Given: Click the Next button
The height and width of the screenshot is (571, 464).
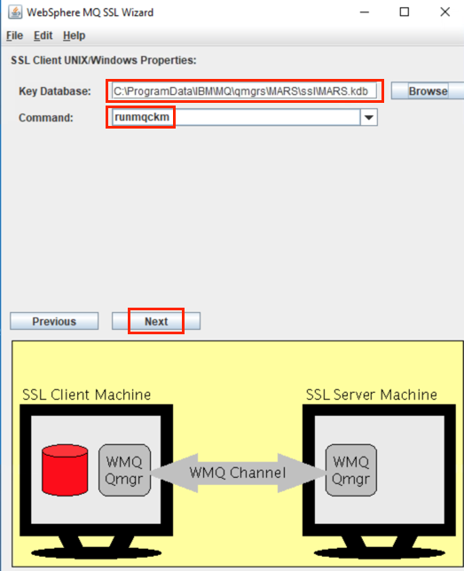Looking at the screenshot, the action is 156,321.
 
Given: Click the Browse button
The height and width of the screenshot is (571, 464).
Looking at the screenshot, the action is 428,90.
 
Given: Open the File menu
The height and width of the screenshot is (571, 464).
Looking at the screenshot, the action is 14,35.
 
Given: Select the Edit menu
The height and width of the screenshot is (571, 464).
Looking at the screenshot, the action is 43,35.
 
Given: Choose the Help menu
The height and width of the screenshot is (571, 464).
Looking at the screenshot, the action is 74,35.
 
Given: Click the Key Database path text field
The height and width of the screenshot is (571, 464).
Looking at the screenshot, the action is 244,91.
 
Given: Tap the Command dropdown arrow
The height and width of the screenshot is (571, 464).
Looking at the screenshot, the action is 368,118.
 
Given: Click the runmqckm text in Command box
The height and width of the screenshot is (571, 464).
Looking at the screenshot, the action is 142,117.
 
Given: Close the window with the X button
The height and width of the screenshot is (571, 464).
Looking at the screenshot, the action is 444,12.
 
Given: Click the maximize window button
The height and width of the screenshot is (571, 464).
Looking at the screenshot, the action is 405,12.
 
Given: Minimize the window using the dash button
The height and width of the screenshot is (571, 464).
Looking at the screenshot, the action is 365,12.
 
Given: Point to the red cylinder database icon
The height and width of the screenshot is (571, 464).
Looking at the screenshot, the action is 65,470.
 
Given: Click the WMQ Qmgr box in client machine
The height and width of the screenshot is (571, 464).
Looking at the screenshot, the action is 124,470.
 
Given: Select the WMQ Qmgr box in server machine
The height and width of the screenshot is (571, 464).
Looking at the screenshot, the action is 350,470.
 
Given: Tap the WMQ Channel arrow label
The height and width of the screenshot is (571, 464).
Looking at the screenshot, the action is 238,473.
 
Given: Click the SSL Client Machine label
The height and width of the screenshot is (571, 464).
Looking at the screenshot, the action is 86,395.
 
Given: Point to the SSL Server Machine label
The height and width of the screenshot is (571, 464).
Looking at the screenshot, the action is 371,395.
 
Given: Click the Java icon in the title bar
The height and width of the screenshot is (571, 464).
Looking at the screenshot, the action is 15,12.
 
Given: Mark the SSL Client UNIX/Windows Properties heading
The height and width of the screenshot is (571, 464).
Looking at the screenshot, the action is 104,60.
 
